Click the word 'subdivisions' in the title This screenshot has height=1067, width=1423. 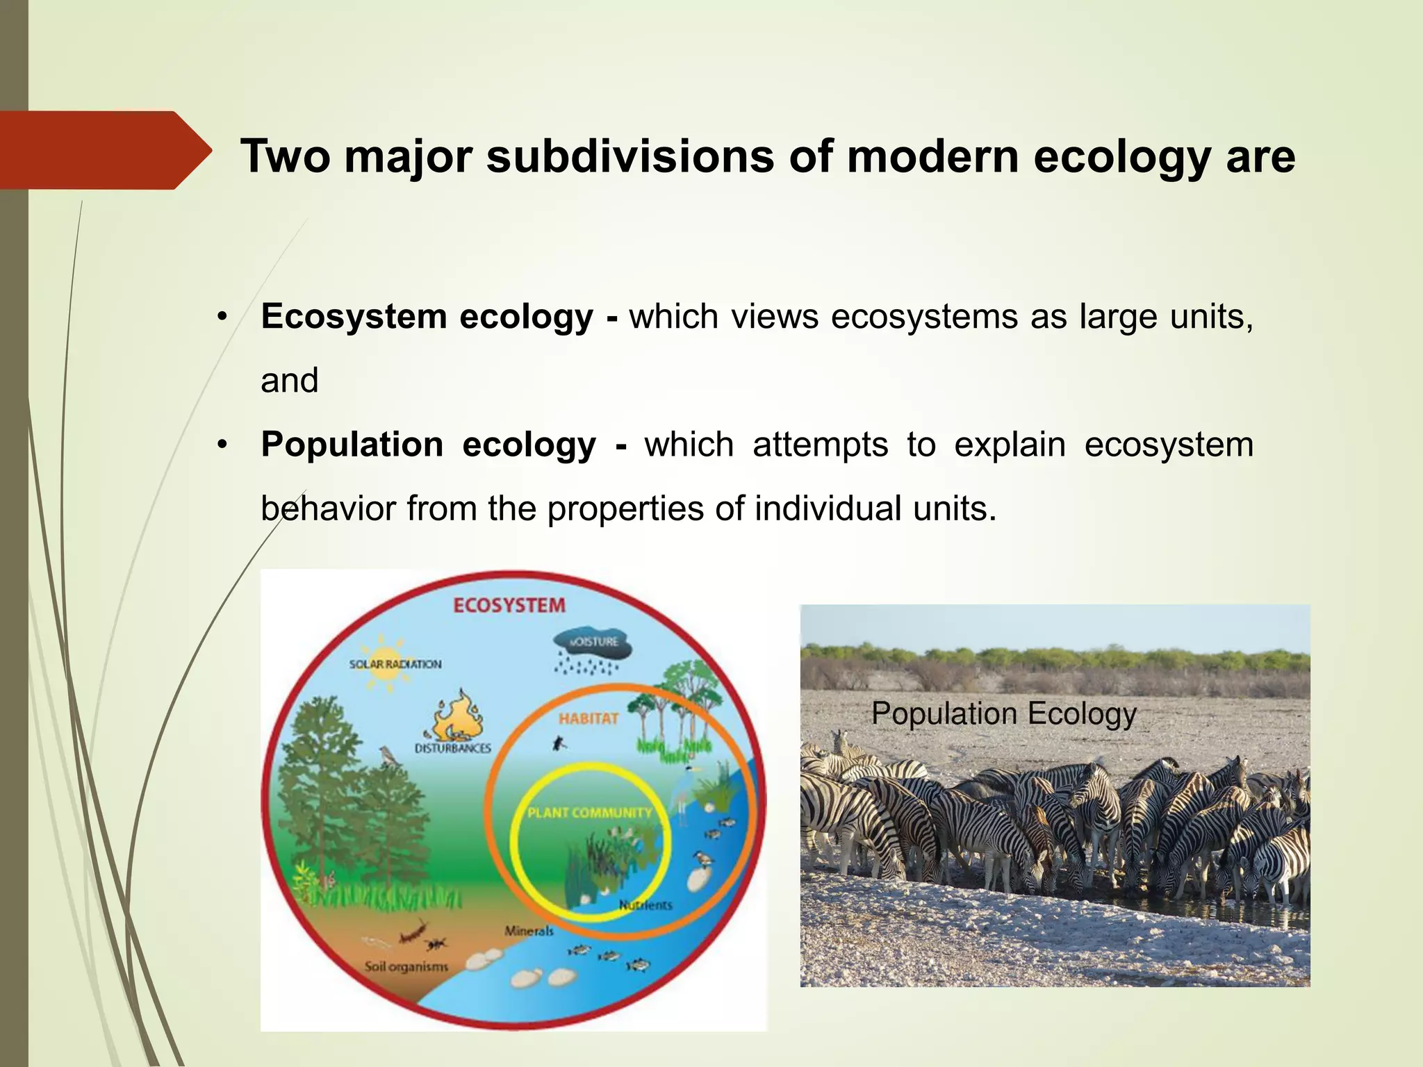tap(630, 156)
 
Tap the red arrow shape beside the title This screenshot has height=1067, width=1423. tap(104, 150)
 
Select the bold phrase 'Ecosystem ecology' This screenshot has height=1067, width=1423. tap(427, 317)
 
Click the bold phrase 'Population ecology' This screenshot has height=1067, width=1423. tap(428, 445)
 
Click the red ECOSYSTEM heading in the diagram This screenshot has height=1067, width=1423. tap(509, 606)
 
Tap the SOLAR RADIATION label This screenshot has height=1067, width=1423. tap(395, 664)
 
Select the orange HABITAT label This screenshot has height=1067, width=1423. tap(588, 718)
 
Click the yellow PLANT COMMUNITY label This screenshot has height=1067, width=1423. tap(589, 813)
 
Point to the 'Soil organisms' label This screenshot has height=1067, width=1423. tap(406, 966)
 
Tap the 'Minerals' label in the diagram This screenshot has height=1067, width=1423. tap(529, 931)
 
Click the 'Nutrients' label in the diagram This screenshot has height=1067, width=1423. tap(645, 905)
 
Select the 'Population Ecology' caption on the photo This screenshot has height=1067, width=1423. tap(1003, 713)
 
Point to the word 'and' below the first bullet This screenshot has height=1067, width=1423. tap(289, 381)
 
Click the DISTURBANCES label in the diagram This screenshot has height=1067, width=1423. tap(452, 748)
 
